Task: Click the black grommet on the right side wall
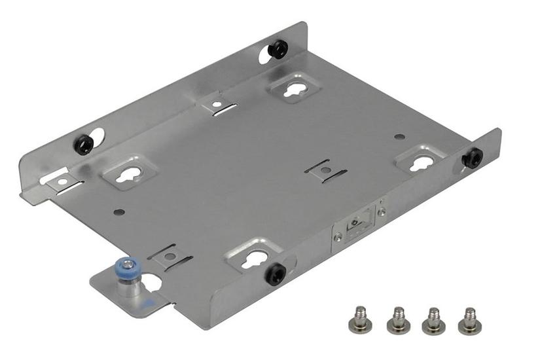(471, 158)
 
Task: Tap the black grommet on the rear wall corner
(279, 48)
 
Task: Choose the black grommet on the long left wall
(84, 143)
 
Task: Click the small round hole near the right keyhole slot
(399, 137)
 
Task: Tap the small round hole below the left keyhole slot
(117, 212)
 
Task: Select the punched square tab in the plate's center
(325, 170)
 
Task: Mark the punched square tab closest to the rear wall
(217, 103)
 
